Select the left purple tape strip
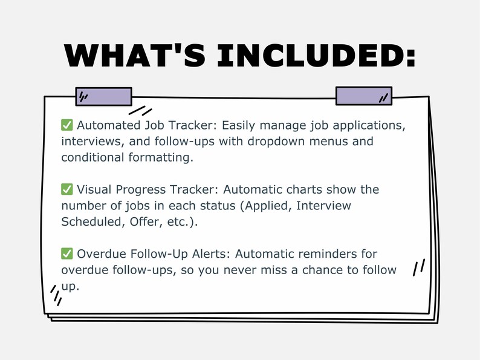(103, 96)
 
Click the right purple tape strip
(363, 96)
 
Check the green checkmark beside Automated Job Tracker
(67, 125)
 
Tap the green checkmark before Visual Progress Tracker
(67, 189)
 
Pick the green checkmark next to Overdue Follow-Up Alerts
(67, 254)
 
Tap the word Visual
(95, 189)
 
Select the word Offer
(145, 221)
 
